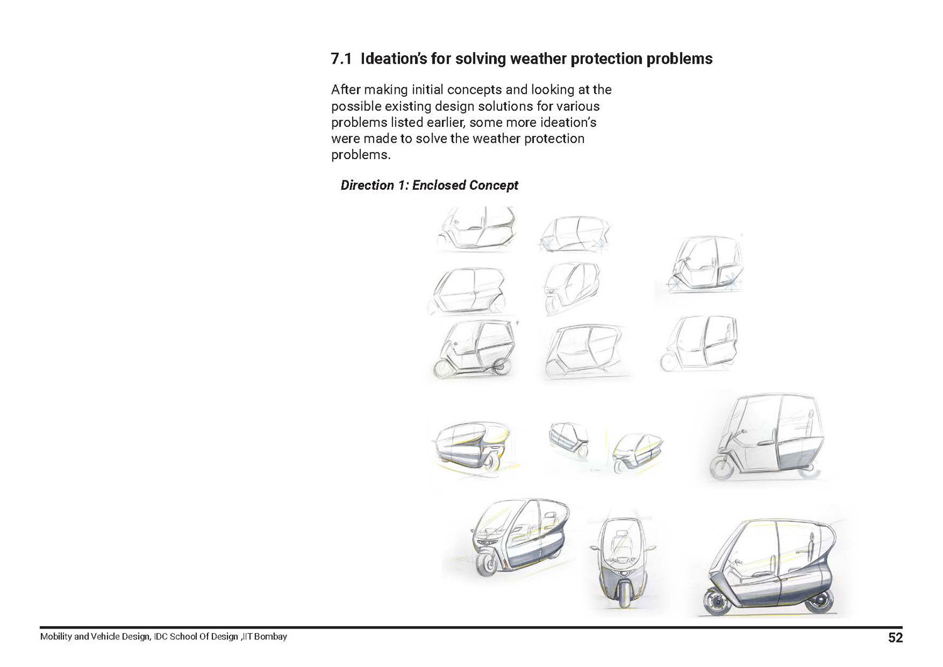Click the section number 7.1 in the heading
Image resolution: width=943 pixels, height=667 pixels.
[x=341, y=59]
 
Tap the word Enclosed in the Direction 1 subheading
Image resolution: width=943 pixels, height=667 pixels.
[x=439, y=185]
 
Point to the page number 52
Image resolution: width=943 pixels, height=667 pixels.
[x=895, y=637]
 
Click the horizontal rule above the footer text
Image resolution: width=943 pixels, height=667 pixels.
[x=472, y=627]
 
